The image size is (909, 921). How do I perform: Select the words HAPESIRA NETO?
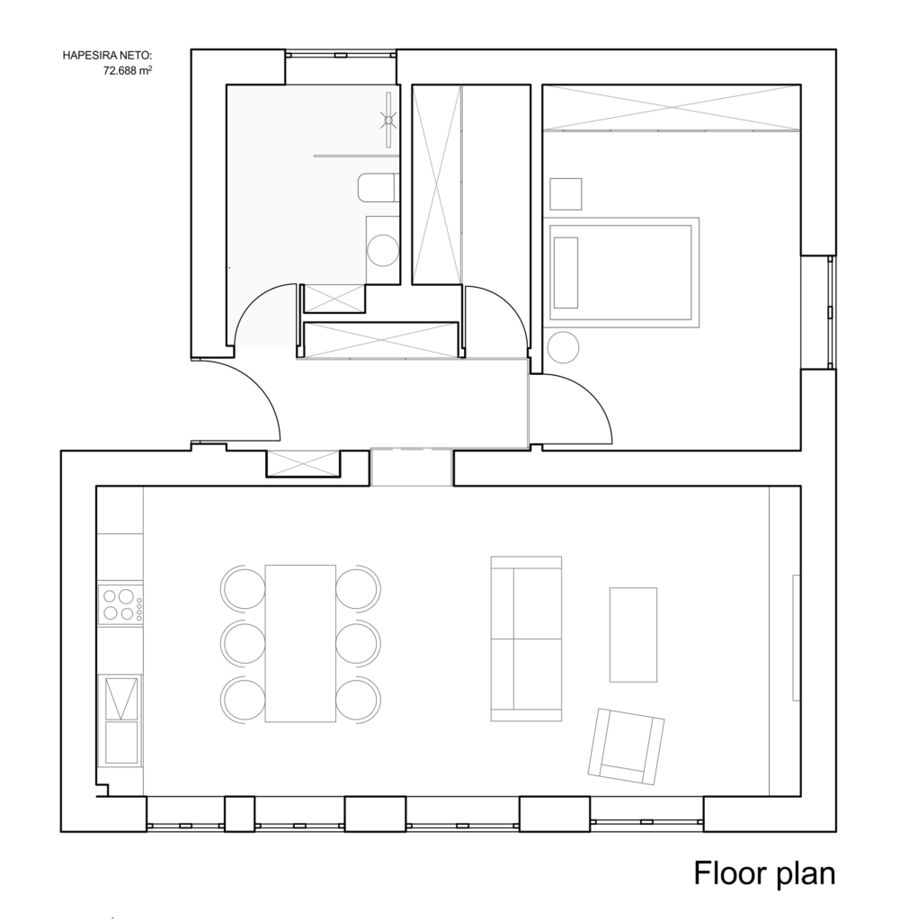pyautogui.click(x=108, y=56)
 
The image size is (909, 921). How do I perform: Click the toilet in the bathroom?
pyautogui.click(x=379, y=187)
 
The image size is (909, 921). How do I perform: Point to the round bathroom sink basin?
pyautogui.click(x=383, y=250)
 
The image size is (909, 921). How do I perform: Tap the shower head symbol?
pyautogui.click(x=388, y=121)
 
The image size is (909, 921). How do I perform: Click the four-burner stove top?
pyautogui.click(x=120, y=604)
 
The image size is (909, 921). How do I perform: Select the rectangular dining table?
pyautogui.click(x=300, y=643)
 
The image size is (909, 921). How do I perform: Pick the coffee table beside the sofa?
pyautogui.click(x=633, y=634)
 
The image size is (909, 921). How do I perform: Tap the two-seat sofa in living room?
pyautogui.click(x=526, y=639)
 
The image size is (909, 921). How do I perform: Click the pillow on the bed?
pyautogui.click(x=566, y=273)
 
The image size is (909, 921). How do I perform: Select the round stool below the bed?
pyautogui.click(x=563, y=347)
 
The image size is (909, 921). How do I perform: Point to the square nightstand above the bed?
pyautogui.click(x=566, y=194)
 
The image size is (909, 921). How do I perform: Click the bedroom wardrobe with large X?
pyautogui.click(x=671, y=108)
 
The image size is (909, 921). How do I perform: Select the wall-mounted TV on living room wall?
pyautogui.click(x=797, y=638)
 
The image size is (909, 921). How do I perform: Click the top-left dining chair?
pyautogui.click(x=243, y=586)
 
